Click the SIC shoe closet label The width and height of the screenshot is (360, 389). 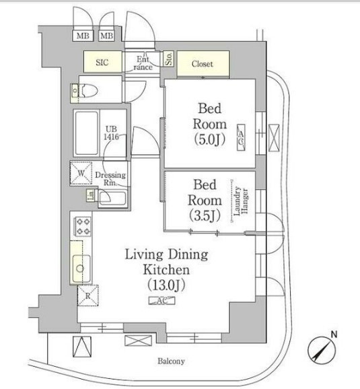pos(102,63)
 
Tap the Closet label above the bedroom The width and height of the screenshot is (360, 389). pos(202,64)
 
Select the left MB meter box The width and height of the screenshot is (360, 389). pos(83,36)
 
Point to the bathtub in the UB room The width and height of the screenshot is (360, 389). pos(87,133)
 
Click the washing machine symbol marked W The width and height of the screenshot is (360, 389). pos(81,173)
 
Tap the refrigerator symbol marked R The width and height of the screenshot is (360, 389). pos(88,295)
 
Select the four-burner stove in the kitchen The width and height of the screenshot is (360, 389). pos(83,225)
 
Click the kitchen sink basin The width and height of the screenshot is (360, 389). pos(81,268)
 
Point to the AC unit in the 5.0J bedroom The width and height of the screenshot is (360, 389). pos(241,137)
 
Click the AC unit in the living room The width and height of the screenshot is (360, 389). pos(161,301)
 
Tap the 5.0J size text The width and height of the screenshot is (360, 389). pos(210,139)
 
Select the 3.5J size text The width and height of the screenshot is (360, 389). pos(205,215)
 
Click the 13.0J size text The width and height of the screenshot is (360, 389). pos(166,285)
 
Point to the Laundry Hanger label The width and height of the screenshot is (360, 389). pos(241,201)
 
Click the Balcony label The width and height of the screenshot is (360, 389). pos(171,361)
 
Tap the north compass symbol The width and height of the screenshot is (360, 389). pos(322,349)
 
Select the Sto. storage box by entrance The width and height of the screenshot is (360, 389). pos(169,59)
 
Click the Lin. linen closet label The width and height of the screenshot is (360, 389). pos(91,195)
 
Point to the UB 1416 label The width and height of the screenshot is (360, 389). pos(111,133)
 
